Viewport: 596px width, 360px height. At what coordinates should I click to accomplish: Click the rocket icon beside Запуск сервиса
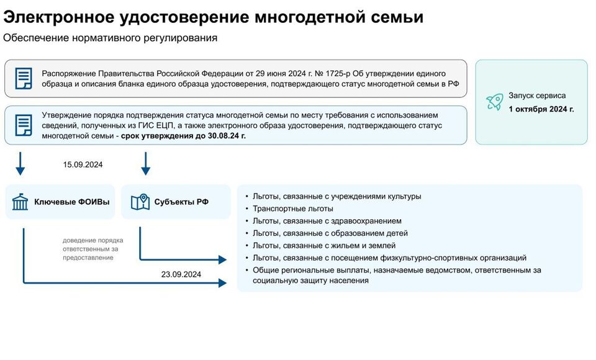(x=495, y=102)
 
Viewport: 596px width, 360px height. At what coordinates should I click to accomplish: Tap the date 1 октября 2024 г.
(x=541, y=109)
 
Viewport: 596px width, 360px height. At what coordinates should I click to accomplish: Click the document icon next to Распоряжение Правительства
(x=24, y=78)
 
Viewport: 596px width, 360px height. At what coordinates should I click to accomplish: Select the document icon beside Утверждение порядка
(x=24, y=125)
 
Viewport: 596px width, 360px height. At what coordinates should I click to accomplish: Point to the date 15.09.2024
(x=83, y=164)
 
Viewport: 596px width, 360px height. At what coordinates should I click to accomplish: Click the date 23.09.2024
(x=181, y=274)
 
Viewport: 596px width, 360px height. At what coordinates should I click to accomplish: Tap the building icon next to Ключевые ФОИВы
(x=20, y=202)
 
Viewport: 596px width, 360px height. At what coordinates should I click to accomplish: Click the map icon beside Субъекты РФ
(x=140, y=202)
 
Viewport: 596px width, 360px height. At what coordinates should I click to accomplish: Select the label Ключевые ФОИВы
(x=72, y=202)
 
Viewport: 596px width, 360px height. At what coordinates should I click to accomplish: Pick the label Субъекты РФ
(x=181, y=202)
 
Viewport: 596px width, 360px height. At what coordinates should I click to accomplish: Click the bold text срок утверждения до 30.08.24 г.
(x=183, y=136)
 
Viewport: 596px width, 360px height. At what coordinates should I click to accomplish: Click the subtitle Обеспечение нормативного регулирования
(x=111, y=38)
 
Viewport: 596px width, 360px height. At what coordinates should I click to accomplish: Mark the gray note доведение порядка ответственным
(x=93, y=249)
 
